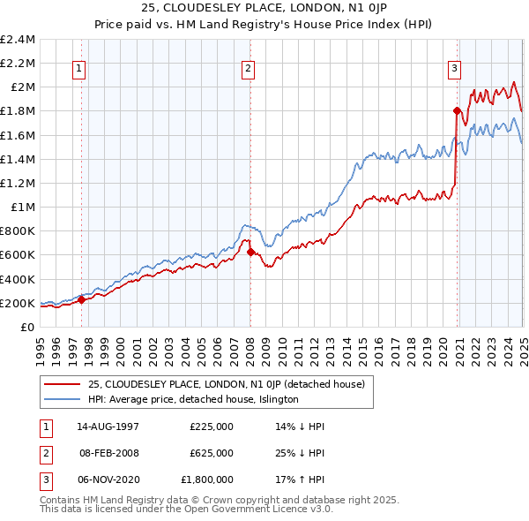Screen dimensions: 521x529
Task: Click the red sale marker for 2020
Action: click(457, 111)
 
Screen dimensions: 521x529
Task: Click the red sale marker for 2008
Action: click(250, 252)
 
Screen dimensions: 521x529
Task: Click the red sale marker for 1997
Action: click(81, 299)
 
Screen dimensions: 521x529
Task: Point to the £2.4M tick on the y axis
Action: click(18, 40)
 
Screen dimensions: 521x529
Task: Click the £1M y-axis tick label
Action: click(22, 208)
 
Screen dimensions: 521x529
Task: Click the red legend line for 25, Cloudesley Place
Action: click(63, 384)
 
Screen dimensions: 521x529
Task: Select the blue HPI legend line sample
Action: click(63, 399)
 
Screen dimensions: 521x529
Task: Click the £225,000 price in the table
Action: click(211, 426)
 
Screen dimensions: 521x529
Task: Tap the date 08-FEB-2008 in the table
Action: click(109, 453)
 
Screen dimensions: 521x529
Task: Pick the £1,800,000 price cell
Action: click(207, 480)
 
